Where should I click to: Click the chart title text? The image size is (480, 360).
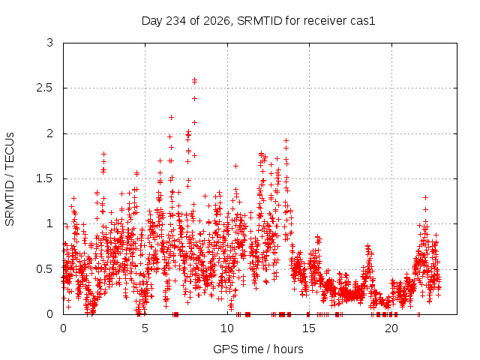click(258, 21)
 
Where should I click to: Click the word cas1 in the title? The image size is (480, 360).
click(362, 21)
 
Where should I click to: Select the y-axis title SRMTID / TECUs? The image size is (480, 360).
click(10, 179)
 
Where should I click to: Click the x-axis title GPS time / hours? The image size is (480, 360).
click(258, 349)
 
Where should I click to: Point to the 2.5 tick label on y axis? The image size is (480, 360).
click(45, 88)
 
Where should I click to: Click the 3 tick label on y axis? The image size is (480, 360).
click(50, 43)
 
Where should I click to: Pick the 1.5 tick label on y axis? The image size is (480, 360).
click(45, 178)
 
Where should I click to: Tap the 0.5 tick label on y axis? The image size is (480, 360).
click(45, 269)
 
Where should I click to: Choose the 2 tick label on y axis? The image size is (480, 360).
click(50, 133)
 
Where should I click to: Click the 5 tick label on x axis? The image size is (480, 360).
click(145, 328)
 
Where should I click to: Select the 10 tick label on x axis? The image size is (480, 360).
click(227, 328)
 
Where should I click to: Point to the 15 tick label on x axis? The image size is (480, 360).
click(309, 328)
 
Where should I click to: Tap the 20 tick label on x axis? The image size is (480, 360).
click(391, 328)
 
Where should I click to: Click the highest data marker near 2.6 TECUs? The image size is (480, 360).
click(194, 80)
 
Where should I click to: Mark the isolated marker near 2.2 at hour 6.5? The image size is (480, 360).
click(172, 117)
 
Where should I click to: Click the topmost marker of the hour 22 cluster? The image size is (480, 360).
click(425, 198)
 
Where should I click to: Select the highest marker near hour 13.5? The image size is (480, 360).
click(286, 140)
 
